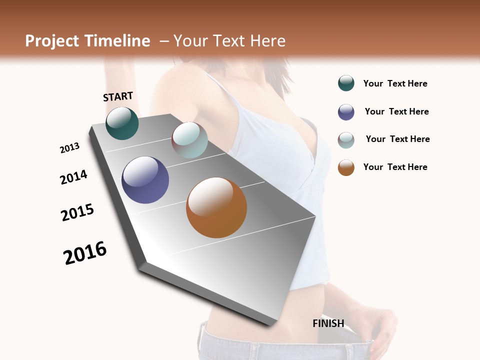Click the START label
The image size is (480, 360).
click(x=118, y=96)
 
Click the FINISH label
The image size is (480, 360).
click(x=328, y=323)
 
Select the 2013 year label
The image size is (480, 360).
click(x=69, y=148)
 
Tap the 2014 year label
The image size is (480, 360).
click(x=73, y=177)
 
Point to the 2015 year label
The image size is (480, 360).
click(x=77, y=212)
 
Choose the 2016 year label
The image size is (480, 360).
click(x=85, y=253)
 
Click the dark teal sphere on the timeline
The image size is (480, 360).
click(x=122, y=123)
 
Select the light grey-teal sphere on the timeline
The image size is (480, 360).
click(x=189, y=140)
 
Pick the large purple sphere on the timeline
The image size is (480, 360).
click(x=145, y=180)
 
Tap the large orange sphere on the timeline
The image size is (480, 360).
click(x=216, y=207)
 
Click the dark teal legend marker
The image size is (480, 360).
click(x=346, y=83)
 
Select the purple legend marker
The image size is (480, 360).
click(x=346, y=112)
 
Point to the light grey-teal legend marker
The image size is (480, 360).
click(x=346, y=140)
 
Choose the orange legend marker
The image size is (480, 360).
click(x=346, y=167)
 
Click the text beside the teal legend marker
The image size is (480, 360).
click(x=395, y=84)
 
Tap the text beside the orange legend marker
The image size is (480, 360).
click(x=395, y=167)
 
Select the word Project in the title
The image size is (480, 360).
click(x=52, y=41)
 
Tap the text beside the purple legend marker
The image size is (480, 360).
click(x=396, y=111)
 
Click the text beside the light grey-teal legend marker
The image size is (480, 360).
click(x=397, y=139)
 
